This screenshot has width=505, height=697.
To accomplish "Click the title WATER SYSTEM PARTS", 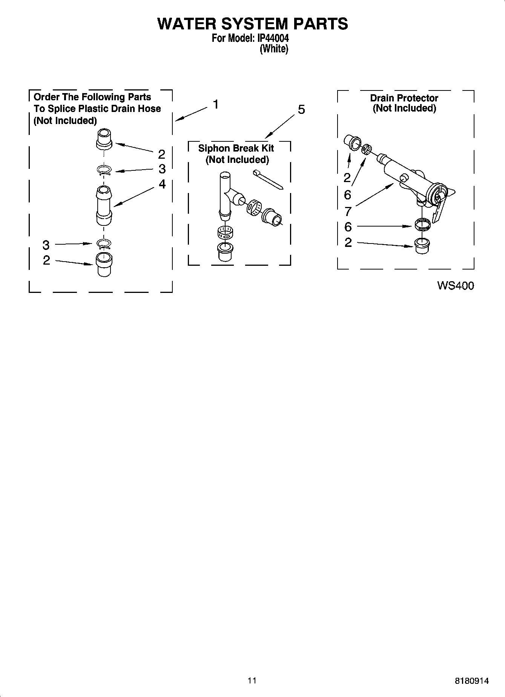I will (252, 24).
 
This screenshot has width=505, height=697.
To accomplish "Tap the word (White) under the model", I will (274, 49).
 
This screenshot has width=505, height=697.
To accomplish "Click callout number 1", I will (216, 104).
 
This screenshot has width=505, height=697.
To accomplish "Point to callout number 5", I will (301, 110).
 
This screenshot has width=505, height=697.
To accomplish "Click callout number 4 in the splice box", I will (162, 184).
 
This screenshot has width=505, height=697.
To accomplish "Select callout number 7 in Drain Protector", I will (348, 211).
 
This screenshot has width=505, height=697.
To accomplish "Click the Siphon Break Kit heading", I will (236, 148).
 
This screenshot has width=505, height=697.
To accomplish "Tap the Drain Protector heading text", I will (404, 98).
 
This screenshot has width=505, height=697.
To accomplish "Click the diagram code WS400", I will (455, 286).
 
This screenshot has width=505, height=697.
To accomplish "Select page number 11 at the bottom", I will (252, 680).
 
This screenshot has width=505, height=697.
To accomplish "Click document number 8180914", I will (472, 681).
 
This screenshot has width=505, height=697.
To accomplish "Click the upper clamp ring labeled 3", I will (104, 171).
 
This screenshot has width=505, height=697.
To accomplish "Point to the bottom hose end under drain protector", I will (422, 246).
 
